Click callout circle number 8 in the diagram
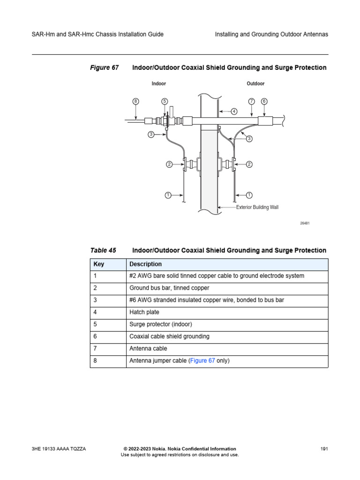(135, 101)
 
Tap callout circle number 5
(165, 101)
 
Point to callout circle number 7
(252, 101)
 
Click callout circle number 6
(264, 101)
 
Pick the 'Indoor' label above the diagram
(159, 84)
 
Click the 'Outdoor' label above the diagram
(255, 84)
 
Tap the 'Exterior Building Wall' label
(257, 207)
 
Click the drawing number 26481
(305, 223)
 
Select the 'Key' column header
(99, 264)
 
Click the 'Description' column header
(145, 264)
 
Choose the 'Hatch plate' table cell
(144, 313)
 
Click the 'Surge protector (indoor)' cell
(160, 324)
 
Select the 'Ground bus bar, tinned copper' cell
(169, 288)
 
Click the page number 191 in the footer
(323, 449)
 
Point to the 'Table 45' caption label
(103, 250)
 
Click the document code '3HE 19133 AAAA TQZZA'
(59, 449)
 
